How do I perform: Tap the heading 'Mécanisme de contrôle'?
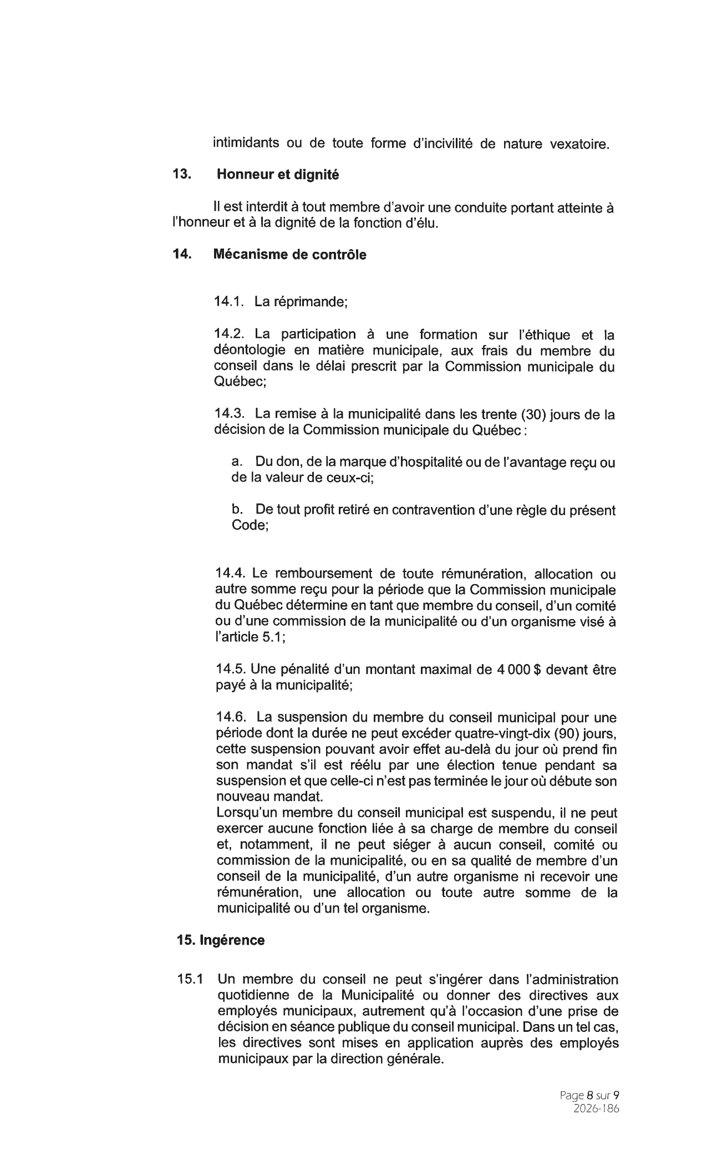click(x=289, y=255)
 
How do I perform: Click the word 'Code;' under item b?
click(x=250, y=525)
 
